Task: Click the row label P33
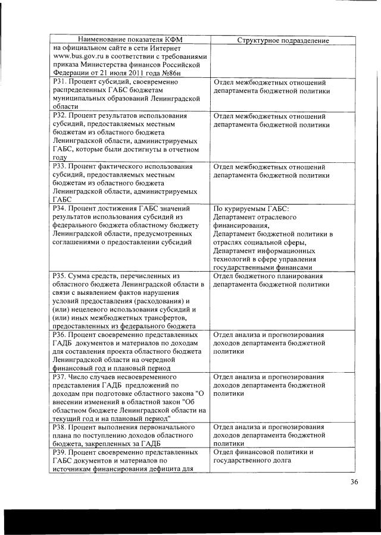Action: point(58,167)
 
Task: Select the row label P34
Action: point(58,209)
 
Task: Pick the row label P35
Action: point(58,276)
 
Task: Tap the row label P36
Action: point(58,335)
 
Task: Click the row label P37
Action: point(58,376)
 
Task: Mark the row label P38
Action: point(58,427)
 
